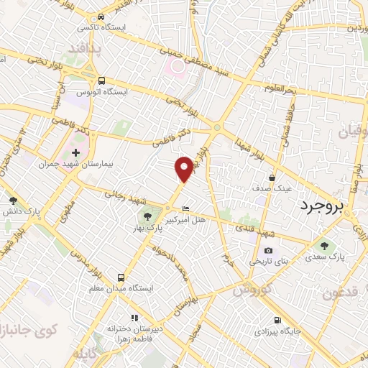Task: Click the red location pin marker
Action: click(x=185, y=168)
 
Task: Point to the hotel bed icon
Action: click(x=187, y=208)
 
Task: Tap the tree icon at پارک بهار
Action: click(x=147, y=216)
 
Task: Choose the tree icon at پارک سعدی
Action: click(x=323, y=244)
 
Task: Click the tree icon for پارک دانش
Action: click(x=12, y=201)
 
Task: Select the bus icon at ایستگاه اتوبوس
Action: click(x=101, y=80)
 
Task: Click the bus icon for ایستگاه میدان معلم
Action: click(x=121, y=277)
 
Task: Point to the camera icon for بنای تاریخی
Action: click(x=268, y=250)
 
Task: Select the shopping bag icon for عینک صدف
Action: click(x=272, y=176)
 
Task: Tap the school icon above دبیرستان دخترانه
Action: click(x=134, y=317)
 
